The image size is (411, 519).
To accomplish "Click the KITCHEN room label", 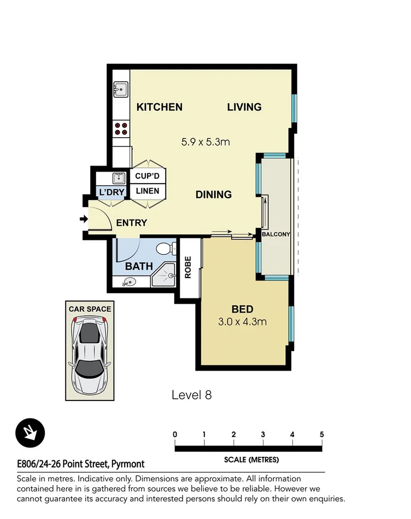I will click(x=159, y=107).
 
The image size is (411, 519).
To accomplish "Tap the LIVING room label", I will click(x=244, y=107).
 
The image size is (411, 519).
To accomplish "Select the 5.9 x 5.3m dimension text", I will click(x=205, y=142).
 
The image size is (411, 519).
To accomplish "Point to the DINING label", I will click(x=214, y=194).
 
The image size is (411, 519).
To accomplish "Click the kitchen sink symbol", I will click(x=120, y=88).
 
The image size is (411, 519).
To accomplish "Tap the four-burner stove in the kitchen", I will click(x=121, y=128).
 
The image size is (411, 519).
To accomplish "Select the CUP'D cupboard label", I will click(x=147, y=176).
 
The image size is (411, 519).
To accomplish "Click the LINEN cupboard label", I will click(x=147, y=191).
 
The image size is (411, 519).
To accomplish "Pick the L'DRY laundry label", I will click(x=111, y=192).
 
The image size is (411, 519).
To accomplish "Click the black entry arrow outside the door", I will click(x=84, y=220).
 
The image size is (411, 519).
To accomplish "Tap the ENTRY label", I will click(x=131, y=222).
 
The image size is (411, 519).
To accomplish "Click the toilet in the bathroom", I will click(x=165, y=250).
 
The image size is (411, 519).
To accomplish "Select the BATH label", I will click(x=139, y=267).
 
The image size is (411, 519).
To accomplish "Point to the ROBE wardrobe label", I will click(x=187, y=268).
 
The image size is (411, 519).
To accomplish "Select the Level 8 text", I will click(x=191, y=394).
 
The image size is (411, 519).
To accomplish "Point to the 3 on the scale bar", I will click(x=263, y=434).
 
